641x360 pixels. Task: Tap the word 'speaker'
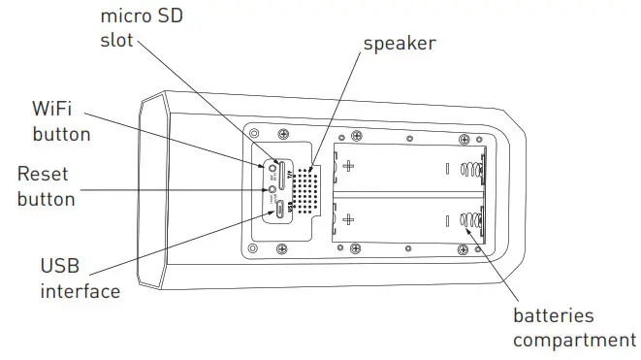[400, 44]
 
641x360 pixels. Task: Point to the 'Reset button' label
[46, 186]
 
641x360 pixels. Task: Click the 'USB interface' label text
[80, 278]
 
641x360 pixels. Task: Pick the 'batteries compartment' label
[573, 328]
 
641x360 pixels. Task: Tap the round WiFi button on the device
[274, 167]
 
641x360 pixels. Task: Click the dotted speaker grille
[306, 189]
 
